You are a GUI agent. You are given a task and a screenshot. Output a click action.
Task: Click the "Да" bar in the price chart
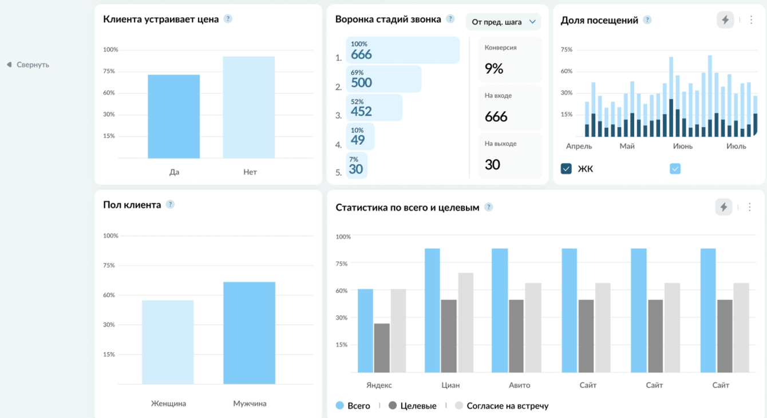tap(173, 116)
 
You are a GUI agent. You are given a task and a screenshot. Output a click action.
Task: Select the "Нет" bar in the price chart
tap(248, 107)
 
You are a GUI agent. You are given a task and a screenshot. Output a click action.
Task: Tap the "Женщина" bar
tap(168, 342)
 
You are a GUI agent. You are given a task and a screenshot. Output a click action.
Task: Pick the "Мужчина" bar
tap(250, 333)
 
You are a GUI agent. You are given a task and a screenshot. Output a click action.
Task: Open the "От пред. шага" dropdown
tap(503, 22)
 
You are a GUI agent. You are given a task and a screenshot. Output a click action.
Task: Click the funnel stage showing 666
tap(403, 50)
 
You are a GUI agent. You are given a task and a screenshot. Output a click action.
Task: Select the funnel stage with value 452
tap(374, 108)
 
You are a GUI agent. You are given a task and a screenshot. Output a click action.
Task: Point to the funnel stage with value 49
tap(360, 136)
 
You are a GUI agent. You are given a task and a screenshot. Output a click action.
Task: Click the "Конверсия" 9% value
tap(494, 69)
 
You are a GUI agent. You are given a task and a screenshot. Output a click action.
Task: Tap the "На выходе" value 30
tap(492, 164)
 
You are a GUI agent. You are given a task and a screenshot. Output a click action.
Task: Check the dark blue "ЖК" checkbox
tap(566, 168)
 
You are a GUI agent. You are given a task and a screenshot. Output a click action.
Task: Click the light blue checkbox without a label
tap(675, 168)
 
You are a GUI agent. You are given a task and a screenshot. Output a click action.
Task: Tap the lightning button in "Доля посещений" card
tap(725, 20)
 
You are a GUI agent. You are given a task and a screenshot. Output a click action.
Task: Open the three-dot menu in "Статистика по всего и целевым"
tap(749, 207)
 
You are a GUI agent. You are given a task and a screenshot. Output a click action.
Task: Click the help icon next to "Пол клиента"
tap(170, 204)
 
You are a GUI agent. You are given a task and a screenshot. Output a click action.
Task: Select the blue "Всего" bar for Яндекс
tap(365, 330)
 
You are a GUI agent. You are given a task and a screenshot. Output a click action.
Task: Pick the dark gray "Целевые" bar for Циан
tap(449, 336)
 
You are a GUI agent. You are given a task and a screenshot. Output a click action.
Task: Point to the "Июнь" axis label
tap(683, 147)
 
